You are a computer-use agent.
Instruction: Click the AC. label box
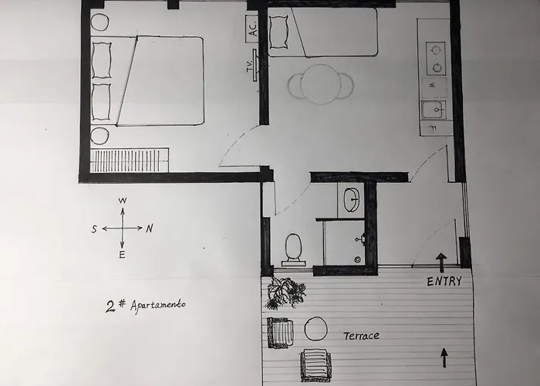coord(252,29)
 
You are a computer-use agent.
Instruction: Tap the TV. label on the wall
coord(250,66)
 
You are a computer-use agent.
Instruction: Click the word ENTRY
coord(444,282)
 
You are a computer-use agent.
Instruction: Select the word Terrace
coord(361,336)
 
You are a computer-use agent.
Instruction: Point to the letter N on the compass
coord(149,229)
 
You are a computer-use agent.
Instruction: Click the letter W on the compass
coord(122,201)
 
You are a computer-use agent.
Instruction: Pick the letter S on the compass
coord(94,229)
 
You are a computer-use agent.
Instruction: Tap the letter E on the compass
coord(122,255)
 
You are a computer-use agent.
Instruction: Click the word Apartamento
coord(158,305)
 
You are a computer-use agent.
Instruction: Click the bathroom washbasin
coord(351,199)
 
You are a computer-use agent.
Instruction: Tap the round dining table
coord(321,84)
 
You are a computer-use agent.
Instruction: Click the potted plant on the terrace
coord(285,293)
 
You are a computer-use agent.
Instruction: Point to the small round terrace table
coord(316,329)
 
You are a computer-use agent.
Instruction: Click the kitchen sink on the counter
coord(434,110)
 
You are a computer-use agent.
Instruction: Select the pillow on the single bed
coord(278,32)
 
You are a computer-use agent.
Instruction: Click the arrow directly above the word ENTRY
coord(441,262)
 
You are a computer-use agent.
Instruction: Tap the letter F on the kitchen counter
coord(433,128)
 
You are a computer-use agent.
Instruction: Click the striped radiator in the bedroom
coord(130,161)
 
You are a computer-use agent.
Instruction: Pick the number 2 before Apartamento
coord(110,306)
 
